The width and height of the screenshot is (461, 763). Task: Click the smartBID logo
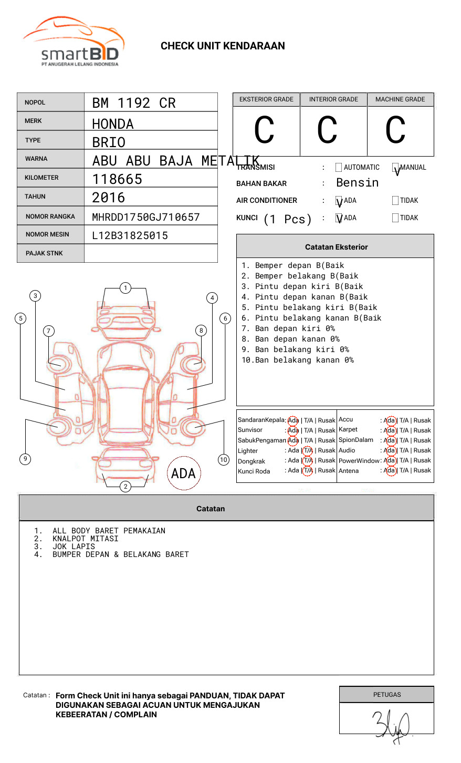click(74, 42)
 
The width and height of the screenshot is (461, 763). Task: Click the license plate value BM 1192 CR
click(134, 103)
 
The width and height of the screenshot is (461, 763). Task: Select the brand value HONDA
click(113, 124)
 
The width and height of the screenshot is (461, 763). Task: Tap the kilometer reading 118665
click(117, 179)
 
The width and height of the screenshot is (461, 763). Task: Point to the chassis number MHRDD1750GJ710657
click(146, 217)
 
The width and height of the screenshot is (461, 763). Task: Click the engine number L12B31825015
click(130, 235)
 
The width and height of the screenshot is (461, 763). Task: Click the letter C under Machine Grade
click(395, 130)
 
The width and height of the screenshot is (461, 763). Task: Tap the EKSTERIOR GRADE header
click(266, 99)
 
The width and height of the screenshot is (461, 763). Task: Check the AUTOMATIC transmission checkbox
click(339, 168)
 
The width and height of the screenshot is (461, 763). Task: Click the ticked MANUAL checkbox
click(395, 168)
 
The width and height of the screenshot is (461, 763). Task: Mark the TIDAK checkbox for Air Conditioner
click(395, 200)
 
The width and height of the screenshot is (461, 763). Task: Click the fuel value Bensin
click(357, 183)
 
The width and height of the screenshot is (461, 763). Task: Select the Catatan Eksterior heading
click(336, 247)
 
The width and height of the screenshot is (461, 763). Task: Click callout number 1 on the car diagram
click(125, 287)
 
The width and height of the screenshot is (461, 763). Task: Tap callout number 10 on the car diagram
click(224, 460)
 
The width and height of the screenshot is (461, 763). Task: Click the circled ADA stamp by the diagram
click(183, 473)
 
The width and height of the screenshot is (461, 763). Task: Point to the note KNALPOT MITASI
click(85, 539)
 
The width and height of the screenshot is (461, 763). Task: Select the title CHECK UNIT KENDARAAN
click(223, 46)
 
